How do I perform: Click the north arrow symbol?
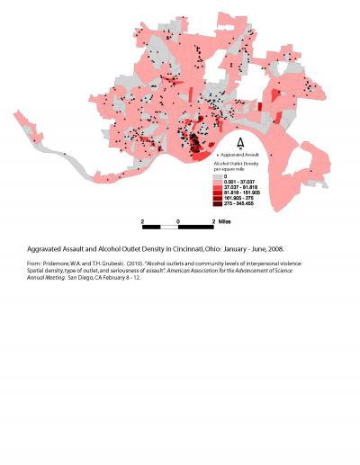[238, 143]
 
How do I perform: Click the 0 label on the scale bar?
[178, 219]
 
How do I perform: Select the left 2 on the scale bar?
[142, 219]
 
